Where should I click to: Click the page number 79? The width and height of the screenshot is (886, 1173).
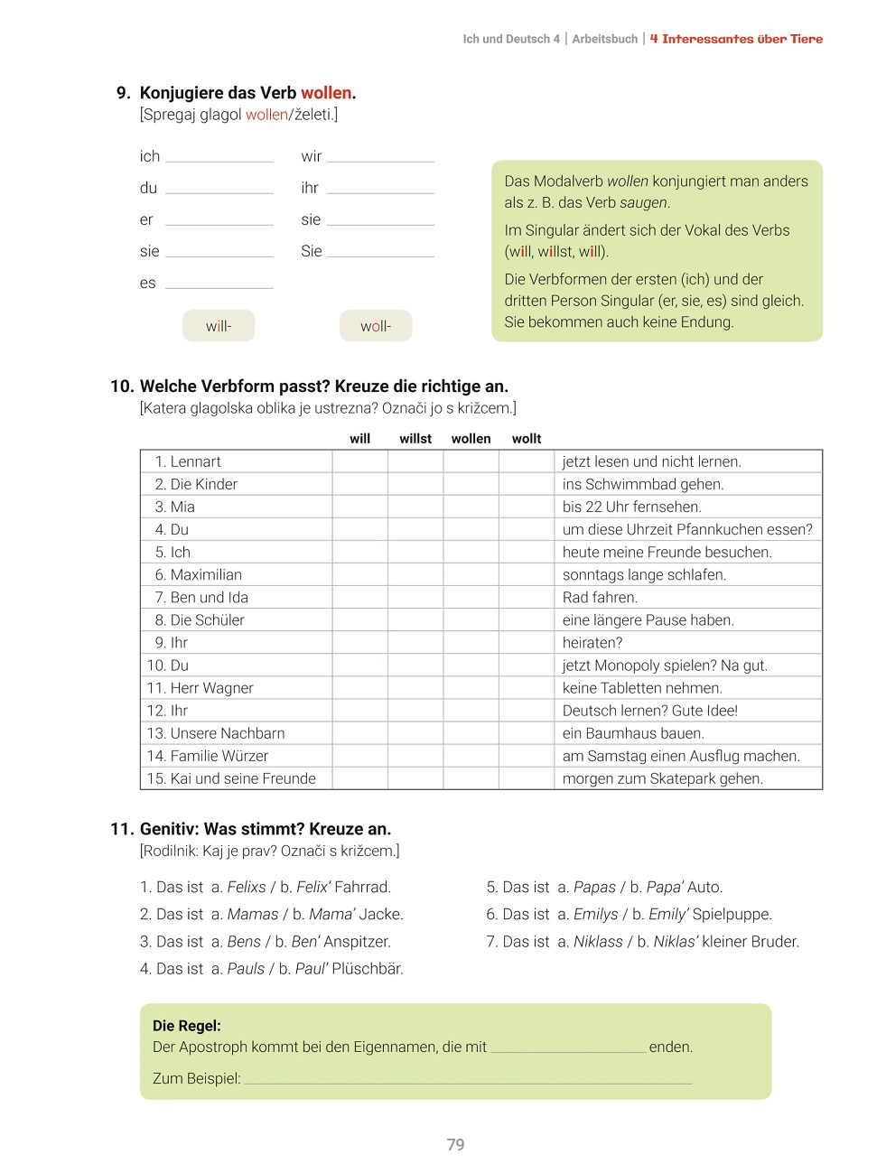point(455,1145)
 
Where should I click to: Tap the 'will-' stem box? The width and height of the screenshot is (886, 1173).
point(219,326)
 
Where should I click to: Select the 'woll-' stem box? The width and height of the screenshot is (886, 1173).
point(376,326)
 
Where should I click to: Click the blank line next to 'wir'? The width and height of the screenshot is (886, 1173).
point(380,156)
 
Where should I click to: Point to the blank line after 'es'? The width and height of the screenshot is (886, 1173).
point(219,283)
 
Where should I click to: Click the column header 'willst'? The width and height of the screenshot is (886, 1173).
point(415,439)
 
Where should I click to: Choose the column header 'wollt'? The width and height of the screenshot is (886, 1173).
point(527,439)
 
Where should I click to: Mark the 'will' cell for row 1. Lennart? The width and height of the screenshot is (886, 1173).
point(359,461)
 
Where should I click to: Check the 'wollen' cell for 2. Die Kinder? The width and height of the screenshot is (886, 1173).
point(471,484)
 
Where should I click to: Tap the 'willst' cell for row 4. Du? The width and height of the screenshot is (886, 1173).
point(415,529)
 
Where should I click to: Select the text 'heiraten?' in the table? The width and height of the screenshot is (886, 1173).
point(592,643)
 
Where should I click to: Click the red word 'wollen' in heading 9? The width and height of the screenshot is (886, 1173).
point(326,93)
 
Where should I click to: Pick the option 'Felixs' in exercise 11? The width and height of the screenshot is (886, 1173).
point(247,888)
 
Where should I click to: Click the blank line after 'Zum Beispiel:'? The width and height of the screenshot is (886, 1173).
point(468,1078)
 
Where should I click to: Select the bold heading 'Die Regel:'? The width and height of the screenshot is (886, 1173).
point(187,1026)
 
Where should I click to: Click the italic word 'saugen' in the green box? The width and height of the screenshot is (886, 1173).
point(643,203)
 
